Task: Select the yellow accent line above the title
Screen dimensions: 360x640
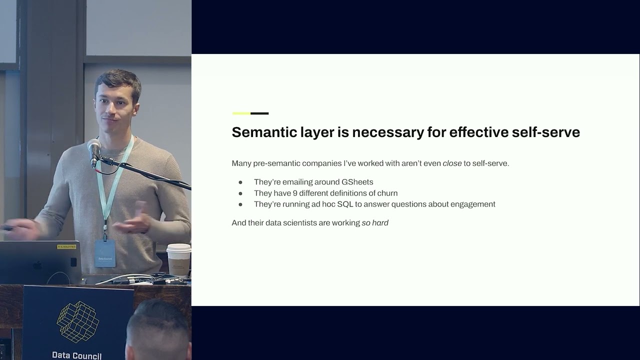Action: coord(241,113)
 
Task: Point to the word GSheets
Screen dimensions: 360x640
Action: coord(357,182)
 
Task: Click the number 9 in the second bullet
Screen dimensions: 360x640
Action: coord(295,193)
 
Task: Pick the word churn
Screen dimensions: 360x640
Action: coord(387,193)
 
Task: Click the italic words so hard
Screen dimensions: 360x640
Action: coord(375,223)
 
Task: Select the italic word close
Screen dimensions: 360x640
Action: coord(452,163)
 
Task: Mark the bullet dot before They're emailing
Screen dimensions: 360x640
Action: coord(240,182)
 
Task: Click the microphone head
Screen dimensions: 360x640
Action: coord(94,148)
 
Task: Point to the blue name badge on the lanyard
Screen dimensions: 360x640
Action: coord(105,253)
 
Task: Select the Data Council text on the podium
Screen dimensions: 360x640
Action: coord(76,355)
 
